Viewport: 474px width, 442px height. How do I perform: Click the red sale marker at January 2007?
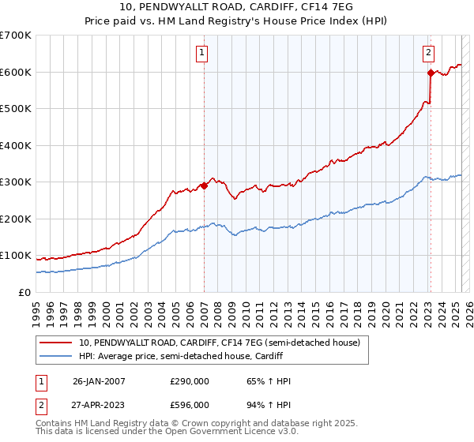tap(204, 186)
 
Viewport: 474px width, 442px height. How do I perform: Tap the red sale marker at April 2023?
tap(431, 73)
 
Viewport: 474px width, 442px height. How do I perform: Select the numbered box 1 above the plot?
tap(203, 53)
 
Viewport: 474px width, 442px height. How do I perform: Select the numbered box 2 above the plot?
tap(428, 53)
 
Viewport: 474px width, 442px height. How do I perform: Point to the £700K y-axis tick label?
tap(16, 36)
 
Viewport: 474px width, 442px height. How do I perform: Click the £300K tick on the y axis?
tap(16, 182)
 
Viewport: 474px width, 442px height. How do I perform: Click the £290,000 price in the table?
tap(190, 381)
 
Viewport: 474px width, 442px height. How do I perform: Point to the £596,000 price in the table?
tap(190, 404)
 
